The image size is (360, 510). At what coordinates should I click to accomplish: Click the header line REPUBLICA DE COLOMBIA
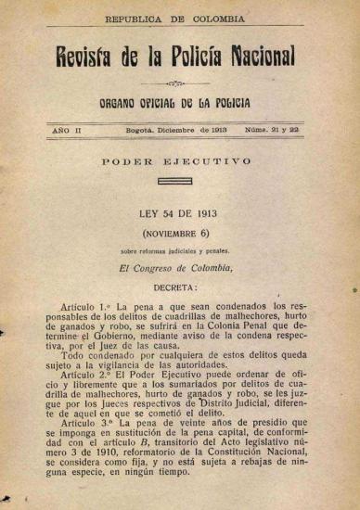(175, 19)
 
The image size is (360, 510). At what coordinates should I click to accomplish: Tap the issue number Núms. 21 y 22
(272, 132)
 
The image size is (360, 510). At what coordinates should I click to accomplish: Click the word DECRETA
(174, 287)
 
